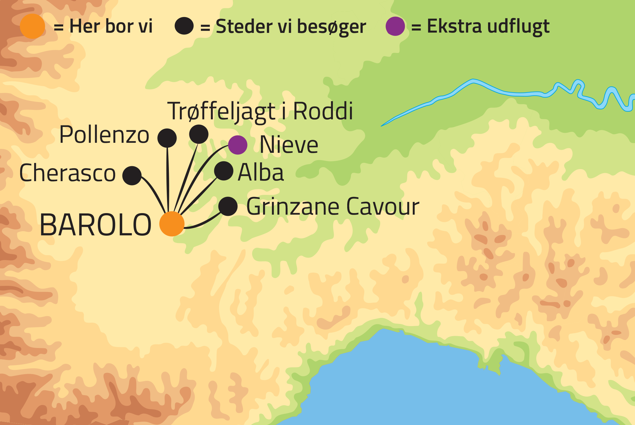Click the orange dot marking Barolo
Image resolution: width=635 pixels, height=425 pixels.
[x=172, y=224]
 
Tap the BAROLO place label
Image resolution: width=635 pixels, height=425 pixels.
[x=95, y=225]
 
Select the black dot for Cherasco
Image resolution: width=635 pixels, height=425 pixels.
[x=132, y=176]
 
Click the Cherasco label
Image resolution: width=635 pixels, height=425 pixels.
[x=67, y=173]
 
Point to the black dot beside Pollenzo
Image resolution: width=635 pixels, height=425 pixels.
[x=167, y=138]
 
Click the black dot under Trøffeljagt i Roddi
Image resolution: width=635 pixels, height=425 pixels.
[x=199, y=134]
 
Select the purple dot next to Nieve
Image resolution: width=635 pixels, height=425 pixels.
[x=238, y=145]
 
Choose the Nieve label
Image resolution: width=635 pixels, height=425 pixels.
[x=289, y=145]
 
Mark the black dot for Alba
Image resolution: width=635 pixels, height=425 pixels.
[x=224, y=171]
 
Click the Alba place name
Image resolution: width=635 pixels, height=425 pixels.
[x=261, y=172]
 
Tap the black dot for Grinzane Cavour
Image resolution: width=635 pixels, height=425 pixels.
[x=228, y=206]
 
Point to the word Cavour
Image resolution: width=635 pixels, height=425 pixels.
[x=383, y=207]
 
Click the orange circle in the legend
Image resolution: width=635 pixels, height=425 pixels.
[x=33, y=26]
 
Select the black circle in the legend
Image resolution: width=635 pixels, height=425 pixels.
[x=184, y=26]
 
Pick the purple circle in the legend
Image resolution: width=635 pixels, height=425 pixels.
[x=395, y=26]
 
